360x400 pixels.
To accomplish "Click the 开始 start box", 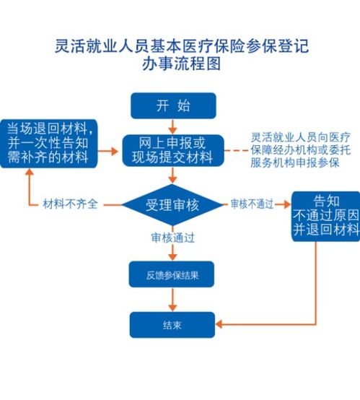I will pos(172,105).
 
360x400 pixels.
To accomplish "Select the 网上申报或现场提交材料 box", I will pos(172,149).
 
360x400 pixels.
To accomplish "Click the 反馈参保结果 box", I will pos(172,274).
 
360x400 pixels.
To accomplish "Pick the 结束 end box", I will pos(172,325).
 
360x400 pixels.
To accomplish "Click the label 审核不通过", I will pos(252,204).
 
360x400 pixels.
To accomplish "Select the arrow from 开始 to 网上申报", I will pos(172,126).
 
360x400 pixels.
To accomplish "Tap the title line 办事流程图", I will pos(181,64).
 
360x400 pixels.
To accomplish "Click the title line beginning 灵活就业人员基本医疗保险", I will pos(181,45).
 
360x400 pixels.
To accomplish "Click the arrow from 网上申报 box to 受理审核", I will pos(172,175).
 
